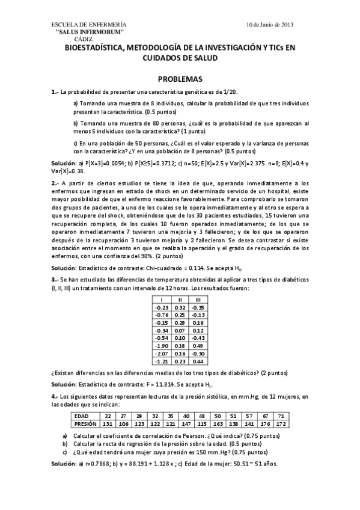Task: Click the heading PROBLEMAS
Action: pyautogui.click(x=180, y=79)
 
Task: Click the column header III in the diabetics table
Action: pyautogui.click(x=198, y=300)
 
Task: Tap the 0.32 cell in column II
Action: pyautogui.click(x=179, y=307)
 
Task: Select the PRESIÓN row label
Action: pyautogui.click(x=84, y=423)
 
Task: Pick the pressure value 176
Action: pyautogui.click(x=264, y=423)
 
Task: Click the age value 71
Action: pyautogui.click(x=279, y=416)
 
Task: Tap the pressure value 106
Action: pyautogui.click(x=124, y=423)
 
